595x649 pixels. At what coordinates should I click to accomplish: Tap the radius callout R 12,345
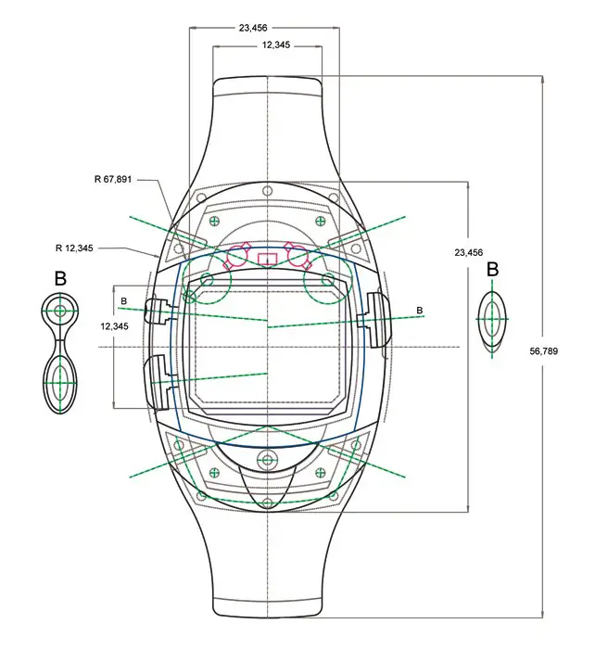tap(74, 248)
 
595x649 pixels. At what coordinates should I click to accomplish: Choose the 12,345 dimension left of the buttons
tap(114, 326)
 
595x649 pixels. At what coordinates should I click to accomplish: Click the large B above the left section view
tap(60, 278)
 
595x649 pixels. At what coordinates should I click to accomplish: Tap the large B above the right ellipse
tap(492, 270)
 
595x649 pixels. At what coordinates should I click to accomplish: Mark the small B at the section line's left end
tap(123, 299)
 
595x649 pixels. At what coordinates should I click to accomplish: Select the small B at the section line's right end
tap(420, 310)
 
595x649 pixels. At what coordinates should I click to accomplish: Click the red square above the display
tap(268, 258)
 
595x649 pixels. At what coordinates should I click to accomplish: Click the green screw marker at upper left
tap(214, 221)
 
